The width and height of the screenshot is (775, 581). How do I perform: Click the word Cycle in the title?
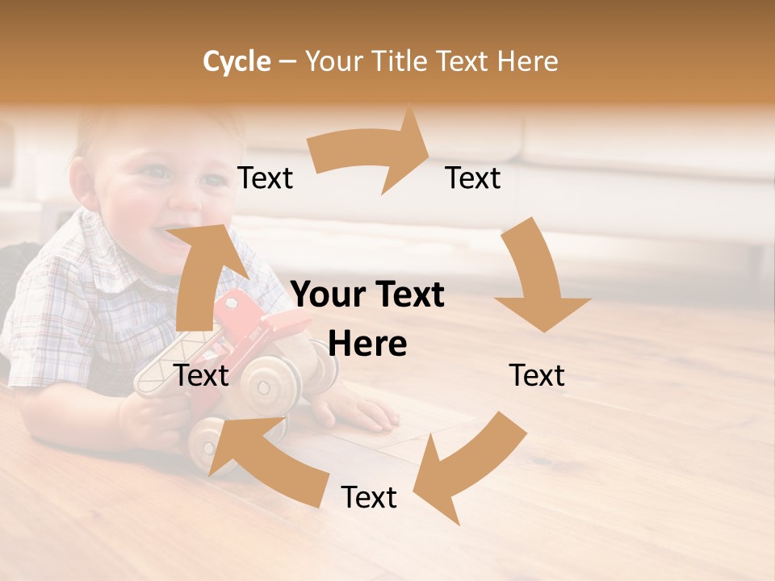pos(237,61)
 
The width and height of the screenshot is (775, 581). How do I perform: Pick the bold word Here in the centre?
pos(367,345)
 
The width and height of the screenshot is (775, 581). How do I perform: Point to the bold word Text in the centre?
pos(406,295)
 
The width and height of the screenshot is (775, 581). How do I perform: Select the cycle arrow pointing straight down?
pos(537,278)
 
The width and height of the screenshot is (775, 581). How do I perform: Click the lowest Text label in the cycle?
pos(369,498)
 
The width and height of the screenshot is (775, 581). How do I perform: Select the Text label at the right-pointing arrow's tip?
pos(473,178)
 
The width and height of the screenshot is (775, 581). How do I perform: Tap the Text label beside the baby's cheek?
pos(265,178)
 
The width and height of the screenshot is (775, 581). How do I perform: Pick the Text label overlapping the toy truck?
pos(202,375)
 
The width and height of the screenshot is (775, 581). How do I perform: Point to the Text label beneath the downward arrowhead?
pos(537,375)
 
